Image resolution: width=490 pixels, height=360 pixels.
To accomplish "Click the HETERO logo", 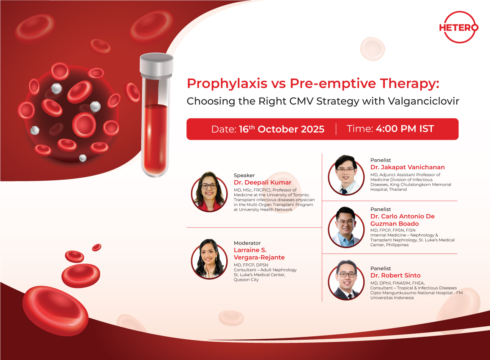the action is [x=459, y=27].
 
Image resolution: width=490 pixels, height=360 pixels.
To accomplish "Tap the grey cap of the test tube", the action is [x=157, y=65].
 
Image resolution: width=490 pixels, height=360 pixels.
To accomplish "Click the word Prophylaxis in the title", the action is [x=227, y=84].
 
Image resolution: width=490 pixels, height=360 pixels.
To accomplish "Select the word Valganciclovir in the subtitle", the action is [x=423, y=101].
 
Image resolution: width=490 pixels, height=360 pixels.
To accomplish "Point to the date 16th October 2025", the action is [x=281, y=129].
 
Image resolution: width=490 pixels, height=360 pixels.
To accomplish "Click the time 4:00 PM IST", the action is [x=405, y=129].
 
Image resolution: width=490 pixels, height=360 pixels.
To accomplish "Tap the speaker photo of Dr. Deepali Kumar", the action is [x=209, y=192].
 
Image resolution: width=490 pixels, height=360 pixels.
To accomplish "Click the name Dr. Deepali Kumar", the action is [x=263, y=182].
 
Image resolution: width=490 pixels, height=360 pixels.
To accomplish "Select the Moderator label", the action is [x=247, y=243].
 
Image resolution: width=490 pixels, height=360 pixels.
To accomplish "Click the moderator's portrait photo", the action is [x=209, y=259].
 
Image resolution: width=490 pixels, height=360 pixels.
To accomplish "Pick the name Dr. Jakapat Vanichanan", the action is [x=408, y=167].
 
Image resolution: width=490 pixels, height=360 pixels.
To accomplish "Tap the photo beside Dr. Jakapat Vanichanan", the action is [x=346, y=175].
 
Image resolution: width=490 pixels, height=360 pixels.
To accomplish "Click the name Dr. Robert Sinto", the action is [x=395, y=275].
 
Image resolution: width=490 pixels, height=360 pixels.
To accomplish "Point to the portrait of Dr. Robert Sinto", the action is [x=346, y=280].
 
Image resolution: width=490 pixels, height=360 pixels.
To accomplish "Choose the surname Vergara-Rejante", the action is [x=259, y=258].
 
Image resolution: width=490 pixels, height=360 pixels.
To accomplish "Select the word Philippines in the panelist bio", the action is [x=397, y=245].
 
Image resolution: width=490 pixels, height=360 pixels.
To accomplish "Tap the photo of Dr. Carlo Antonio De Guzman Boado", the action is [x=346, y=227].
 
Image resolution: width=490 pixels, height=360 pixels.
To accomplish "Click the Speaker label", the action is [x=244, y=175].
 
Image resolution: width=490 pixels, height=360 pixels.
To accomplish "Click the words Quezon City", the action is [x=246, y=280].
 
